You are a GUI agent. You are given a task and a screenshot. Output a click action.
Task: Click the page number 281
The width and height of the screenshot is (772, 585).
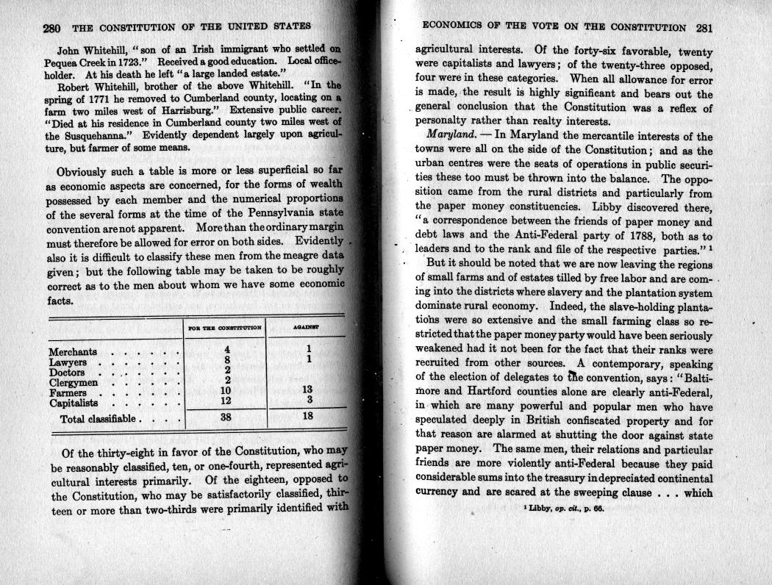tap(704, 29)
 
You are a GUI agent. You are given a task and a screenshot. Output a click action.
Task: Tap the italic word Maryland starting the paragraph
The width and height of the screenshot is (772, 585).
tap(451, 136)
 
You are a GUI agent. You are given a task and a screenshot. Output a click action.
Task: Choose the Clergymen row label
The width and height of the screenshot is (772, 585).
tap(74, 382)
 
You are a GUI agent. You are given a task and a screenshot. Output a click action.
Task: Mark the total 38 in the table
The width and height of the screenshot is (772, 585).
tap(226, 417)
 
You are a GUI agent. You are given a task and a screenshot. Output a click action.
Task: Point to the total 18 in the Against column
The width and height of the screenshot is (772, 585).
tap(308, 417)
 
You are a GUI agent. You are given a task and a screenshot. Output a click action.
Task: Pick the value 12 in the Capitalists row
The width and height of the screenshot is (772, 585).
tap(226, 401)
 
